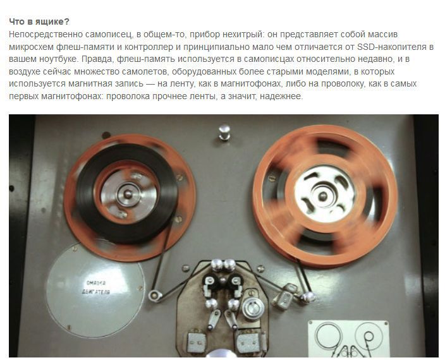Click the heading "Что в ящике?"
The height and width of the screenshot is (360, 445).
[x=39, y=21]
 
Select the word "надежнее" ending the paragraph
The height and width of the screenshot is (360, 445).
[x=281, y=97]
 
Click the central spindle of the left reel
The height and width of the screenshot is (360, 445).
[x=128, y=194]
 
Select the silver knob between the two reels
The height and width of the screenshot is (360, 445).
[x=224, y=132]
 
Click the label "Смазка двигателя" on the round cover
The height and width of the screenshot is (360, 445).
[x=97, y=287]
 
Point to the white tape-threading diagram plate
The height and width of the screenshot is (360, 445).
[x=348, y=339]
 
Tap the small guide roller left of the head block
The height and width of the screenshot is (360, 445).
[x=155, y=296]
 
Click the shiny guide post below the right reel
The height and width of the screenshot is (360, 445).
[x=308, y=297]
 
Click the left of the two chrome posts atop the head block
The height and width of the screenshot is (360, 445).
[x=217, y=264]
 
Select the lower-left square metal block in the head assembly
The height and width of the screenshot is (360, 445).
[x=197, y=342]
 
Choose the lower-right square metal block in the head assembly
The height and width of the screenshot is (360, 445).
[x=248, y=342]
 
